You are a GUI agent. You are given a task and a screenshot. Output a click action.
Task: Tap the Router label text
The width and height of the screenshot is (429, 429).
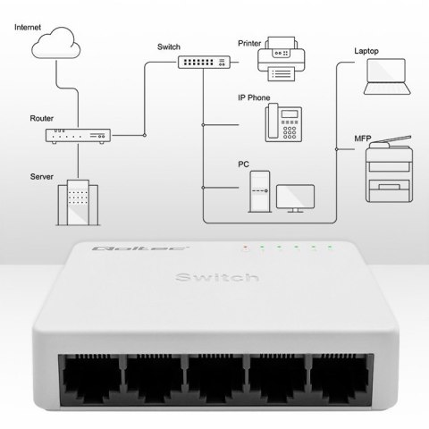(41, 117)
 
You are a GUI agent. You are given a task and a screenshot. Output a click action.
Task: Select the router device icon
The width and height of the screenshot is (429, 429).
(78, 136)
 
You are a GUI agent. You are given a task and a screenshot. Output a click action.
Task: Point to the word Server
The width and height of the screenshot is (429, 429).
(41, 177)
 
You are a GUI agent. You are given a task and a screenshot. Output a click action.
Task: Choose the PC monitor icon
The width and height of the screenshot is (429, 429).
(295, 198)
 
